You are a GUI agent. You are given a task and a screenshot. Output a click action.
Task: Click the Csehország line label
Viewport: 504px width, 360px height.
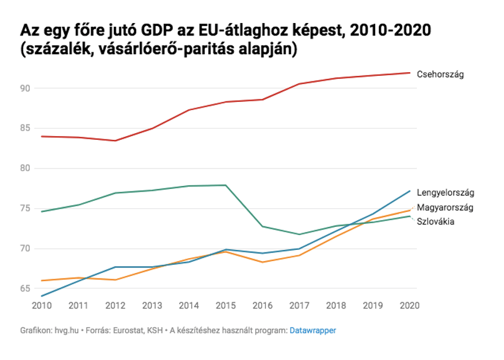(440, 75)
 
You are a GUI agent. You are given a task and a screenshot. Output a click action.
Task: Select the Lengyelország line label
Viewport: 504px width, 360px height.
(445, 193)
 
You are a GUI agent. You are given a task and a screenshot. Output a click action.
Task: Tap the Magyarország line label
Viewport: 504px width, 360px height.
(445, 208)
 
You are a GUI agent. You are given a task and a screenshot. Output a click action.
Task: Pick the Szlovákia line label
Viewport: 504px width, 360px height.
(435, 221)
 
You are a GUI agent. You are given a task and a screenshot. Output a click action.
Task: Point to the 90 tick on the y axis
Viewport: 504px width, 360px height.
(25, 88)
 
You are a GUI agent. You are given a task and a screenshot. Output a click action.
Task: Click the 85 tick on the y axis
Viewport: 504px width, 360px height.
(25, 128)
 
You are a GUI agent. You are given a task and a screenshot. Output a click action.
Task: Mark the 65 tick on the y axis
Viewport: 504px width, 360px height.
(25, 288)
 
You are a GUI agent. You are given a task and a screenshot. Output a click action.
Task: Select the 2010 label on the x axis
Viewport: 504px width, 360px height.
(42, 305)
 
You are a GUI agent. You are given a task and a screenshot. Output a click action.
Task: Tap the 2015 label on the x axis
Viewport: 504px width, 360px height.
(226, 305)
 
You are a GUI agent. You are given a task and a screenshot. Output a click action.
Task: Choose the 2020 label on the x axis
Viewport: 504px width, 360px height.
(409, 305)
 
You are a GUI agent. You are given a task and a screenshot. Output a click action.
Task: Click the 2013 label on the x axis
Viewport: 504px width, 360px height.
(152, 305)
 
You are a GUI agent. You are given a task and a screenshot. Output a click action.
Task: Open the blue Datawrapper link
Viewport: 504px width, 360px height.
(313, 330)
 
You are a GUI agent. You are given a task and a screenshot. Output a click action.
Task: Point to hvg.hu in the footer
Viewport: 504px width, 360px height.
(67, 330)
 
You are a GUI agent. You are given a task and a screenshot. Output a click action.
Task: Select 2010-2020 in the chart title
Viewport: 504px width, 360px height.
(390, 30)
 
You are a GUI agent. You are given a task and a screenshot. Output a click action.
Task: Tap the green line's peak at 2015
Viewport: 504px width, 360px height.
(226, 185)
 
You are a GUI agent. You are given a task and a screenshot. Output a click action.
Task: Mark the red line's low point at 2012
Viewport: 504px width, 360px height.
(115, 141)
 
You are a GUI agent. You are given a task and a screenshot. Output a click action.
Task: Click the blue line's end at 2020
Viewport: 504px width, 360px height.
(410, 191)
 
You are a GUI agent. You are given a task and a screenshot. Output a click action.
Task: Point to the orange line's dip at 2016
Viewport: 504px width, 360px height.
(263, 262)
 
